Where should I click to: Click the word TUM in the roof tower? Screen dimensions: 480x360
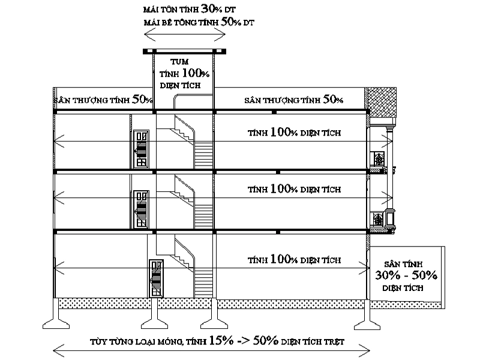(179, 62)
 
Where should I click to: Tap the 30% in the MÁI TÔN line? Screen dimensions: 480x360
(211, 9)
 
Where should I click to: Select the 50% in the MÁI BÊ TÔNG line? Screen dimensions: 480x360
(231, 22)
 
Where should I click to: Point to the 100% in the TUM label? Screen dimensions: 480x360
(196, 73)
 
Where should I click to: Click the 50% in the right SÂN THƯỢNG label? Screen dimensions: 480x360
(333, 99)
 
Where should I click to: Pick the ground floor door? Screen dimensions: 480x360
(156, 278)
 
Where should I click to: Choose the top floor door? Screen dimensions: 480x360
(141, 149)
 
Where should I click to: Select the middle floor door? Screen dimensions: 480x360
(141, 209)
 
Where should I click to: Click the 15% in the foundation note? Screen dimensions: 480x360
(221, 340)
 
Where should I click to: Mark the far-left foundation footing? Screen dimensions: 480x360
(56, 319)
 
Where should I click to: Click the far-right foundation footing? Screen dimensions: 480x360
(367, 319)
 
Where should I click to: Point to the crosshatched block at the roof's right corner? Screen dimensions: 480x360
(382, 102)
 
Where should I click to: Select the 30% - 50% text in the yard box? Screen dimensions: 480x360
(406, 275)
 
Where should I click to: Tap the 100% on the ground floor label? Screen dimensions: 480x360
(284, 259)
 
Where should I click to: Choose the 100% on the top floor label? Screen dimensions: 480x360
(284, 132)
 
